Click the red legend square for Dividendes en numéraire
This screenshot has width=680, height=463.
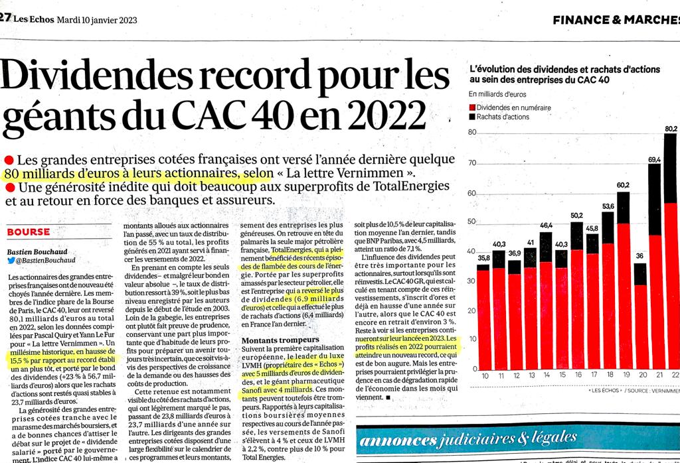[x=473, y=107]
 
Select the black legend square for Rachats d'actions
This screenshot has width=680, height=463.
[x=473, y=117]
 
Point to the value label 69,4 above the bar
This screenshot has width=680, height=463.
[x=654, y=159]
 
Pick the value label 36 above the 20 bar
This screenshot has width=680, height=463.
[x=641, y=256]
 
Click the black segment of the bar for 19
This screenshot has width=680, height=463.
[x=623, y=208]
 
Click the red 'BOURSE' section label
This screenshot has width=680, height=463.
[x=28, y=232]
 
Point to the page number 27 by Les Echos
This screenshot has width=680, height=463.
[x=5, y=19]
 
